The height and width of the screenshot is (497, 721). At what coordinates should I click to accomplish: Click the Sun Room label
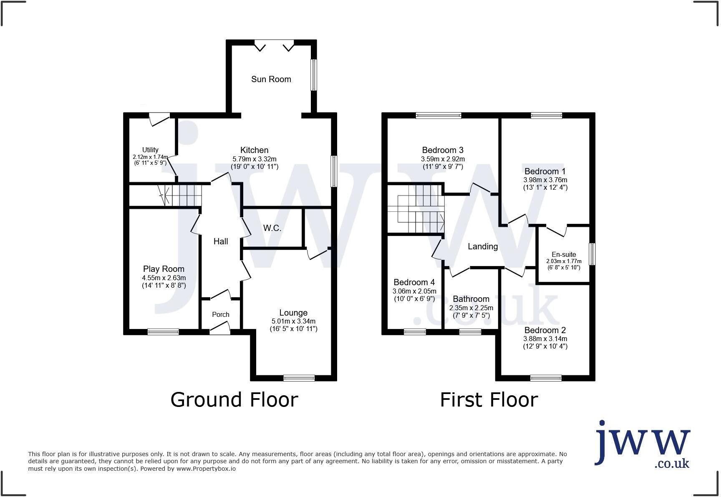pyautogui.click(x=271, y=79)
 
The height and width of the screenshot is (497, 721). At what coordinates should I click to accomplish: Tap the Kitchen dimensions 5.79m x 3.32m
pyautogui.click(x=254, y=159)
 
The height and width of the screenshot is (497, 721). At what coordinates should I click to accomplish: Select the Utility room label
pyautogui.click(x=150, y=150)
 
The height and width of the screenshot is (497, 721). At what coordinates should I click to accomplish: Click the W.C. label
pyautogui.click(x=272, y=228)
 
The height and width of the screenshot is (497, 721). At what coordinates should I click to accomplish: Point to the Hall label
pyautogui.click(x=221, y=241)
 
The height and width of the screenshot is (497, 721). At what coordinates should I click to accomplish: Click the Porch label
pyautogui.click(x=220, y=315)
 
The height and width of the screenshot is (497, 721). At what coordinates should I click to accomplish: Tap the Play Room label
pyautogui.click(x=164, y=269)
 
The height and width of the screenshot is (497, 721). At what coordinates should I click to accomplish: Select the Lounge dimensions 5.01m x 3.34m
pyautogui.click(x=293, y=321)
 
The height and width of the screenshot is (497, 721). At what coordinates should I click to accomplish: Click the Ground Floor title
pyautogui.click(x=234, y=399)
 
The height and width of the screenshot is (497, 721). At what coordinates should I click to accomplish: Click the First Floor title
pyautogui.click(x=489, y=399)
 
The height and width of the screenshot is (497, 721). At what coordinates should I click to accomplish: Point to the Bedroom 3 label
pyautogui.click(x=442, y=150)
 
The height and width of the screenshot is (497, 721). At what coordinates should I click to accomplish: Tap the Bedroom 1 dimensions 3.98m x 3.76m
pyautogui.click(x=545, y=180)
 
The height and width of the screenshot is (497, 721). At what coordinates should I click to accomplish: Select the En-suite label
pyautogui.click(x=564, y=254)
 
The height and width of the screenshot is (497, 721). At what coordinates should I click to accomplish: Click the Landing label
pyautogui.click(x=482, y=246)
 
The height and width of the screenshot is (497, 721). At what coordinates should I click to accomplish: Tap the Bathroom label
pyautogui.click(x=471, y=299)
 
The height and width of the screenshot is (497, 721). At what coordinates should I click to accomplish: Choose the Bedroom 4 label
pyautogui.click(x=411, y=282)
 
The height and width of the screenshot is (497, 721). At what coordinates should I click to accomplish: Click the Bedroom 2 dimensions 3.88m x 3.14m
pyautogui.click(x=545, y=339)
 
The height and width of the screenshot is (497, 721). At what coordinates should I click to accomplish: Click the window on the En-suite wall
pyautogui.click(x=592, y=254)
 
